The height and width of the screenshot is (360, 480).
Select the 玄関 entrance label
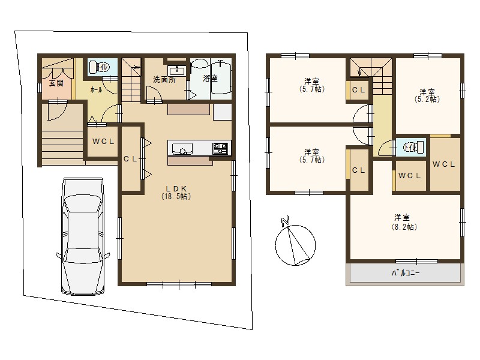(56, 83)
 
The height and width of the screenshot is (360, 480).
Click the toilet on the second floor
(410, 146)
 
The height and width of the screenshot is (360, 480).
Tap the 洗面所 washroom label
(164, 79)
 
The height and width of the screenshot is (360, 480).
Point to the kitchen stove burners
(220, 148)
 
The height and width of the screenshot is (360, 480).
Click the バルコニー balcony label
(406, 273)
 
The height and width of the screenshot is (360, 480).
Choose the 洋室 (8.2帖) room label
(406, 222)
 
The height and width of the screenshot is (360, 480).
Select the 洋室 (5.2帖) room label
(427, 95)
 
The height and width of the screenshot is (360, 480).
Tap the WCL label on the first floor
(103, 142)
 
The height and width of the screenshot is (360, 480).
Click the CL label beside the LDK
(131, 158)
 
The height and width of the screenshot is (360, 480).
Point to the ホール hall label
(95, 89)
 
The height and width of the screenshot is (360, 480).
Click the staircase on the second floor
(370, 71)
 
